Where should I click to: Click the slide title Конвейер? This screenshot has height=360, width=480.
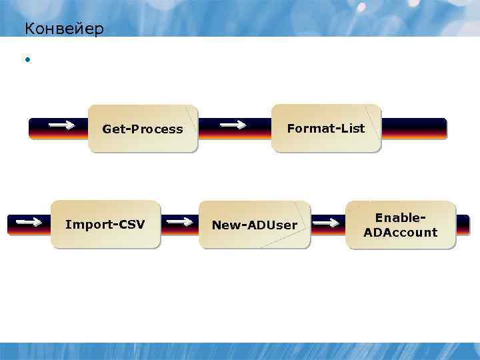coord(64,29)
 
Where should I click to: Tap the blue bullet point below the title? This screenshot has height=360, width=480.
coord(28,61)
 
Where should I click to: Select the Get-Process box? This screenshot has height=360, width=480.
coord(143,129)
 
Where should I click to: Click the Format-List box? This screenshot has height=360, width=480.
coord(326,128)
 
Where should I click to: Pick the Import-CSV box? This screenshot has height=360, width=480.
coord(105,224)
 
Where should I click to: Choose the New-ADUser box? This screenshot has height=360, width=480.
coord(255,225)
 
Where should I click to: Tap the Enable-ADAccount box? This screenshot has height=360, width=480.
coord(401,225)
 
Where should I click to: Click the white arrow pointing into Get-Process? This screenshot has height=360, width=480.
coord(62,124)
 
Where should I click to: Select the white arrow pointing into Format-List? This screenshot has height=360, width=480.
coord(233,124)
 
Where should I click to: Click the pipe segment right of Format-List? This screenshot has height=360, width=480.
coord(413,128)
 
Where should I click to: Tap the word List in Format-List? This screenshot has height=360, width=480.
coord(351,128)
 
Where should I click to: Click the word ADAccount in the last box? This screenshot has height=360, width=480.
coord(401,232)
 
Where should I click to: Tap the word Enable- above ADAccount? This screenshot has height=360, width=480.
coord(401,217)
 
